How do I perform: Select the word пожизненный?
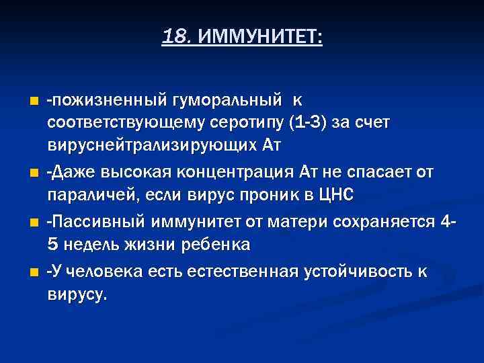pyautogui.click(x=107, y=101)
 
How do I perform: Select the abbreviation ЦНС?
pyautogui.click(x=335, y=194)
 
